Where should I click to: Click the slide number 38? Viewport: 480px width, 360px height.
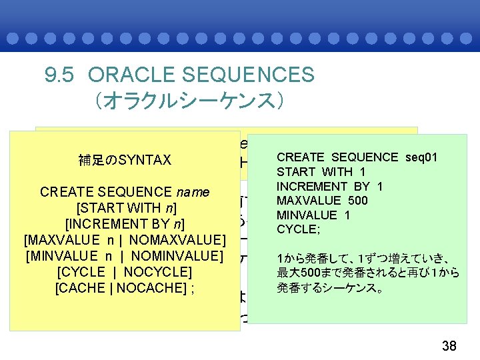tap(449, 345)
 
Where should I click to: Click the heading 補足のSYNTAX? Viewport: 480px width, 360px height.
tap(125, 160)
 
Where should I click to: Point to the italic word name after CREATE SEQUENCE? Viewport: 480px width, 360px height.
tap(195, 193)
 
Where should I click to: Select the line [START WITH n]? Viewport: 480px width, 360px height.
tap(125, 208)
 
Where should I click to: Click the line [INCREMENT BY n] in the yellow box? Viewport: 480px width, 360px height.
tap(125, 224)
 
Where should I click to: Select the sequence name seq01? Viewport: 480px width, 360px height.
tap(421, 157)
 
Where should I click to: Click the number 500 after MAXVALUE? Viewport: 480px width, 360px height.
tap(376, 201)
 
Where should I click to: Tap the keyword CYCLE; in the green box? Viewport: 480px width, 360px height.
tap(297, 229)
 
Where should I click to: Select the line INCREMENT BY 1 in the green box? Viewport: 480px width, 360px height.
tap(330, 187)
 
